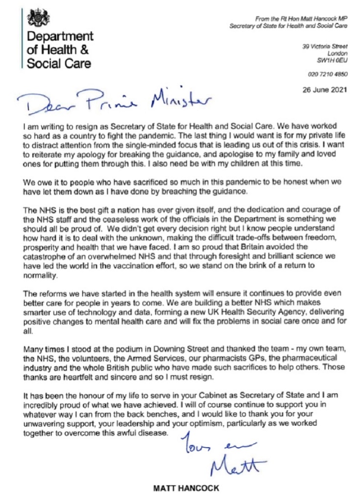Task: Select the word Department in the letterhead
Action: click(x=60, y=37)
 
